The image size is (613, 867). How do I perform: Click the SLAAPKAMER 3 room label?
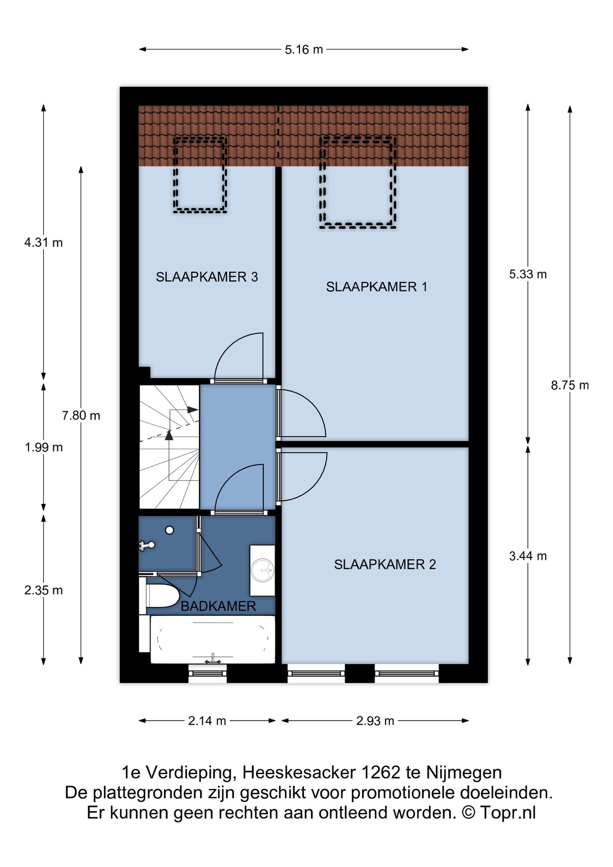[x=207, y=277]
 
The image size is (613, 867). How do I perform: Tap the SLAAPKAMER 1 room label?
[x=376, y=287]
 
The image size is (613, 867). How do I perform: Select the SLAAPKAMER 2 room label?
[x=385, y=564]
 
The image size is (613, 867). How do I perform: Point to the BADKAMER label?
[x=218, y=606]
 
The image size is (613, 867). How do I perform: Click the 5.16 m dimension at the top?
[x=304, y=50]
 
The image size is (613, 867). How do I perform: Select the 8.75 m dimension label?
[x=570, y=385]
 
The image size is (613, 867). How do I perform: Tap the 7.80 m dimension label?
[x=81, y=416]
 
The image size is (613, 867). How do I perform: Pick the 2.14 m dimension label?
[x=207, y=721]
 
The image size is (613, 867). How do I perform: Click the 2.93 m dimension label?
[x=375, y=721]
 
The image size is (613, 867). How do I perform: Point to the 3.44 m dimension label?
[x=528, y=556]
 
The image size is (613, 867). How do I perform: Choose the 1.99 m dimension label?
[x=44, y=447]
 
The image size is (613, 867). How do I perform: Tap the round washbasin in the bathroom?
[x=262, y=570]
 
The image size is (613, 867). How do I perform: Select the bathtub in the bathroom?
[x=213, y=639]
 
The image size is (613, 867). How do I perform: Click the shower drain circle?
[x=170, y=530]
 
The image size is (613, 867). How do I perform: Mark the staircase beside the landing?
[x=169, y=447]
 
